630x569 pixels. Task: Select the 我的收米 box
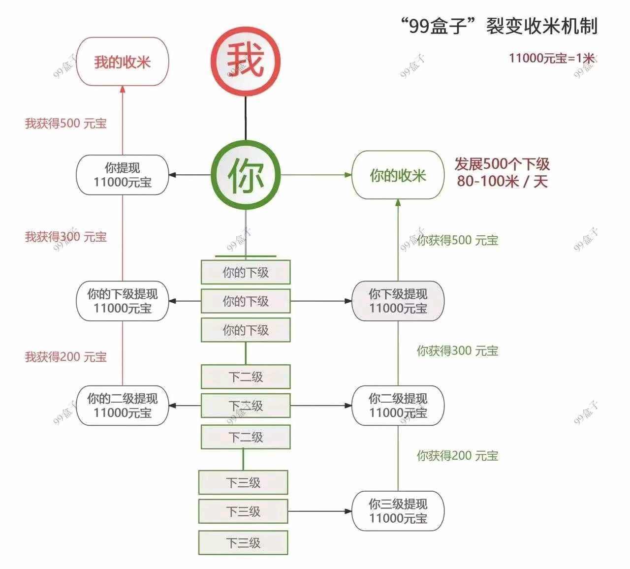click(x=123, y=62)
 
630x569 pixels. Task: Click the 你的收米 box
click(x=398, y=175)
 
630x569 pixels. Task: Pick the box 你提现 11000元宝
click(x=123, y=175)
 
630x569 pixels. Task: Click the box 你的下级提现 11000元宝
click(x=123, y=301)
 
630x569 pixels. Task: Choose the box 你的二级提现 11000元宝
click(x=123, y=406)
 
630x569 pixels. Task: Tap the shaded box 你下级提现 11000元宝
click(x=398, y=301)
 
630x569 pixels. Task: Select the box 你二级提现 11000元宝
click(x=398, y=406)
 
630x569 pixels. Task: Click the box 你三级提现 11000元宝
click(x=398, y=511)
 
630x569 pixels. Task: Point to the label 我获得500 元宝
click(x=66, y=123)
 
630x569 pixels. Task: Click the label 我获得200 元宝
click(x=66, y=357)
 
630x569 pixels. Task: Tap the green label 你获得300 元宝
click(x=458, y=350)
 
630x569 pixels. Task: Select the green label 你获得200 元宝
click(x=458, y=456)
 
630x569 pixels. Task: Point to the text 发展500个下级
click(x=502, y=164)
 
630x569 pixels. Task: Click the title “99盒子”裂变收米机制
click(x=500, y=26)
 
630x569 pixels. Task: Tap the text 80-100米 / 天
click(x=502, y=181)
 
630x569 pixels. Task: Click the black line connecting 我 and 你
click(x=246, y=119)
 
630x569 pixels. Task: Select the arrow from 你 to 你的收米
click(x=316, y=175)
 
